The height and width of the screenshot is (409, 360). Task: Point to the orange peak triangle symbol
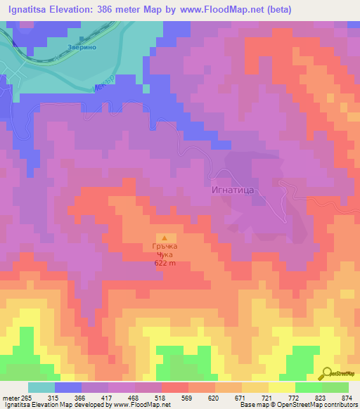(165, 238)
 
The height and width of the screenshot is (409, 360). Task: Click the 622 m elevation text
(165, 264)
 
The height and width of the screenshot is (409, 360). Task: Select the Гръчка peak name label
(165, 247)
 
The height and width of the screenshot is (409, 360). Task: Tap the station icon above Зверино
(82, 39)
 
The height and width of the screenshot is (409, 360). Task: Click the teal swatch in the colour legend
(41, 387)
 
